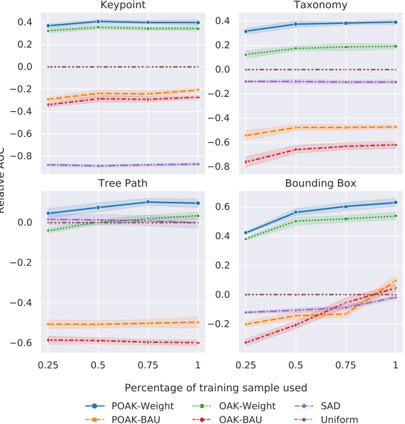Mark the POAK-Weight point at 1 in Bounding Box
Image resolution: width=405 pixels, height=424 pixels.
396,202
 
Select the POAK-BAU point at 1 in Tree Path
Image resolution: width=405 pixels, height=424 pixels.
197,322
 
